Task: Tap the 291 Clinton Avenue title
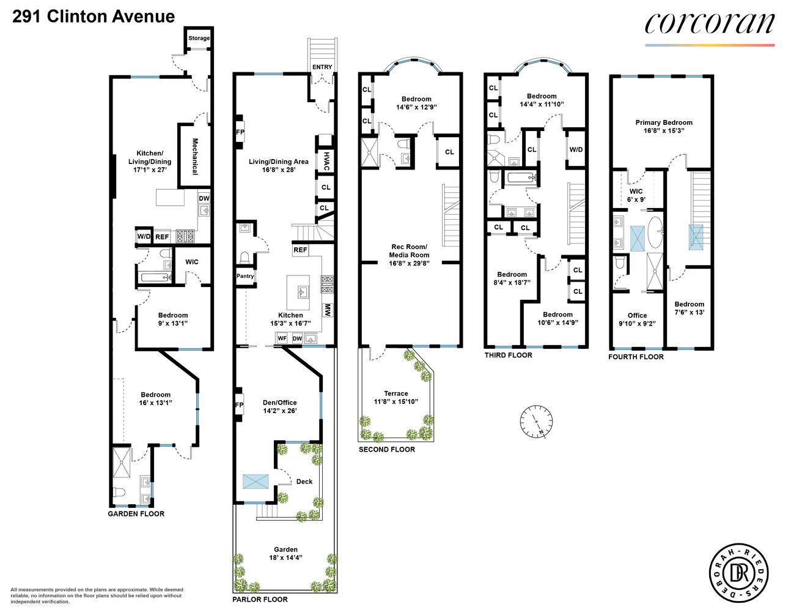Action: tap(94, 17)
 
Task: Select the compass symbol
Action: tap(536, 421)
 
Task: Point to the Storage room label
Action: tap(199, 38)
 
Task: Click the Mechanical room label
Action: tap(195, 156)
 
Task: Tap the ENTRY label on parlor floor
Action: tap(322, 67)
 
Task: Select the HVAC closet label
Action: tap(326, 161)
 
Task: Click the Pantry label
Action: tap(245, 276)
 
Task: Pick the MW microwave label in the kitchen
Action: tap(327, 310)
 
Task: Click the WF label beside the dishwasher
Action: tap(282, 338)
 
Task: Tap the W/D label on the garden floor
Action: tap(144, 236)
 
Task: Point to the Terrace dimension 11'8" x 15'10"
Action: tap(396, 401)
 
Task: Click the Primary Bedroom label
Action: tap(664, 122)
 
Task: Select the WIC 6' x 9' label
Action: tap(636, 195)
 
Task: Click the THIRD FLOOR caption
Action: tap(508, 355)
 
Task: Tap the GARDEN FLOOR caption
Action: tap(136, 513)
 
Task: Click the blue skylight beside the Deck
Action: tap(255, 481)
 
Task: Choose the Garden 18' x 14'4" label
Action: tap(285, 553)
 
